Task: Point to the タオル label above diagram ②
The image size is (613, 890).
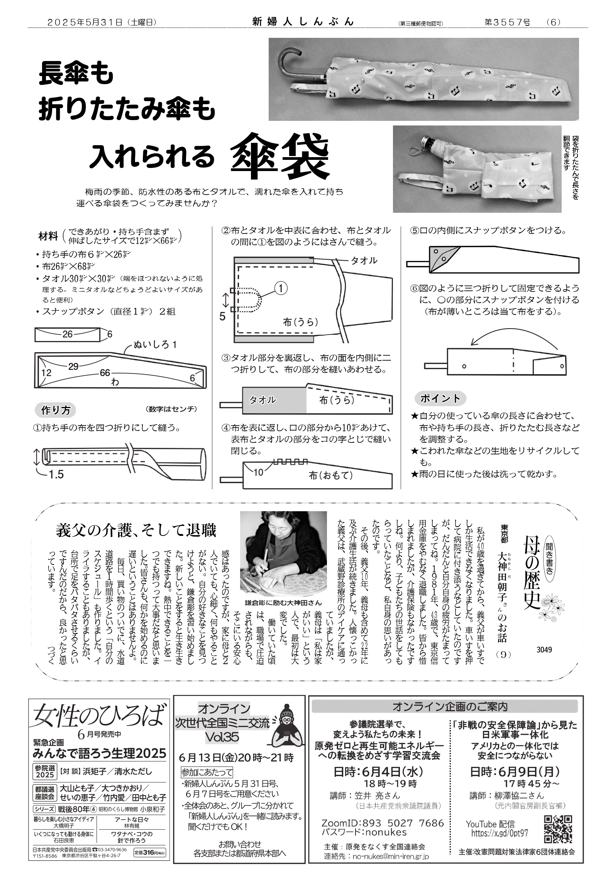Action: point(364,261)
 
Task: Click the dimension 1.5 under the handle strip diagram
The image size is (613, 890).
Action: point(56,475)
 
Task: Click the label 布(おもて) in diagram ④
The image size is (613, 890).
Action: point(331,476)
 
